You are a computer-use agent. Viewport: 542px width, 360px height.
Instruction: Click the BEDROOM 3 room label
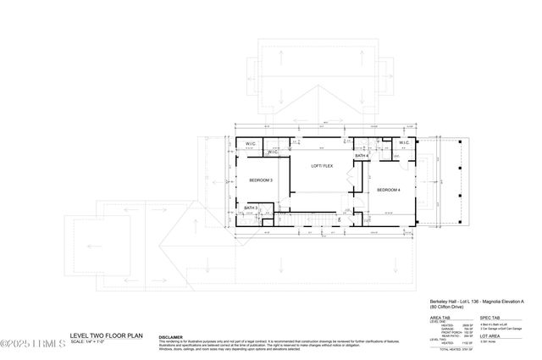(260, 180)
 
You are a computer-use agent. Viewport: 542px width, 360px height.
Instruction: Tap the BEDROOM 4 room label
(389, 189)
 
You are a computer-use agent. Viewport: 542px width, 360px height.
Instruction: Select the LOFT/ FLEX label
(322, 166)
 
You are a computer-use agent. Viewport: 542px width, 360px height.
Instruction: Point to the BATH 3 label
(251, 208)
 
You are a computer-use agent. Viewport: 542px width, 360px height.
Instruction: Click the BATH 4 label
(362, 156)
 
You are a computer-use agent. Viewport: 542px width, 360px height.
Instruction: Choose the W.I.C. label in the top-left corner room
(252, 144)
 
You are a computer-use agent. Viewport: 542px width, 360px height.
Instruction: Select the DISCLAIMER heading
(171, 336)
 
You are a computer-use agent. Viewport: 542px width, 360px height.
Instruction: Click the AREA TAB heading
(440, 318)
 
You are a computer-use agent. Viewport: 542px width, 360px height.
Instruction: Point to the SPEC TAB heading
(490, 318)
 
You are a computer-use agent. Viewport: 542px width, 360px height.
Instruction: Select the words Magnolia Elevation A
(507, 301)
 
